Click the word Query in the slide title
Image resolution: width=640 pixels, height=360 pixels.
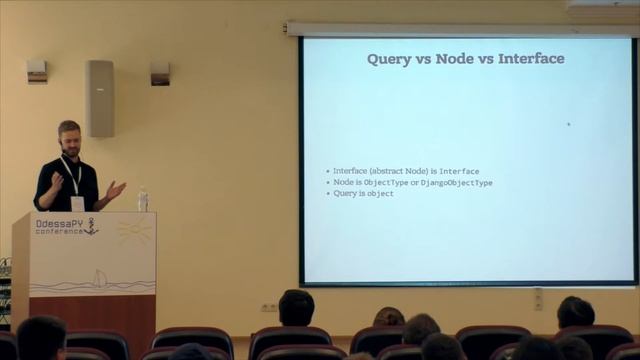click(x=387, y=59)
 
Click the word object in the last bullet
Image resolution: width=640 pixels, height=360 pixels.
click(x=380, y=193)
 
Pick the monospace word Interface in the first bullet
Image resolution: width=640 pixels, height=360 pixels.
click(x=459, y=172)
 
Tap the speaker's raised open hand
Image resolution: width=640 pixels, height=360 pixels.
click(x=116, y=188)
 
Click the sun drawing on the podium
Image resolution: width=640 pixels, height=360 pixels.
click(x=132, y=231)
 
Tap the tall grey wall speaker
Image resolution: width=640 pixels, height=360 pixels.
click(x=100, y=98)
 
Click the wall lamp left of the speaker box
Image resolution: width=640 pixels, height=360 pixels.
click(x=37, y=71)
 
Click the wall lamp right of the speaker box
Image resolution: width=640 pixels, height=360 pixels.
click(x=160, y=73)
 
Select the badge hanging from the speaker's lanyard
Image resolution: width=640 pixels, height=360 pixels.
click(x=76, y=202)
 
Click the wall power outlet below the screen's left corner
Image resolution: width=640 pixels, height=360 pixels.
click(x=269, y=307)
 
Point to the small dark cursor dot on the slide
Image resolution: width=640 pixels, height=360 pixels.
click(x=568, y=124)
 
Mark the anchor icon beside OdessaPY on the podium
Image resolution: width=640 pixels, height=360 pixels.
click(x=90, y=227)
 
